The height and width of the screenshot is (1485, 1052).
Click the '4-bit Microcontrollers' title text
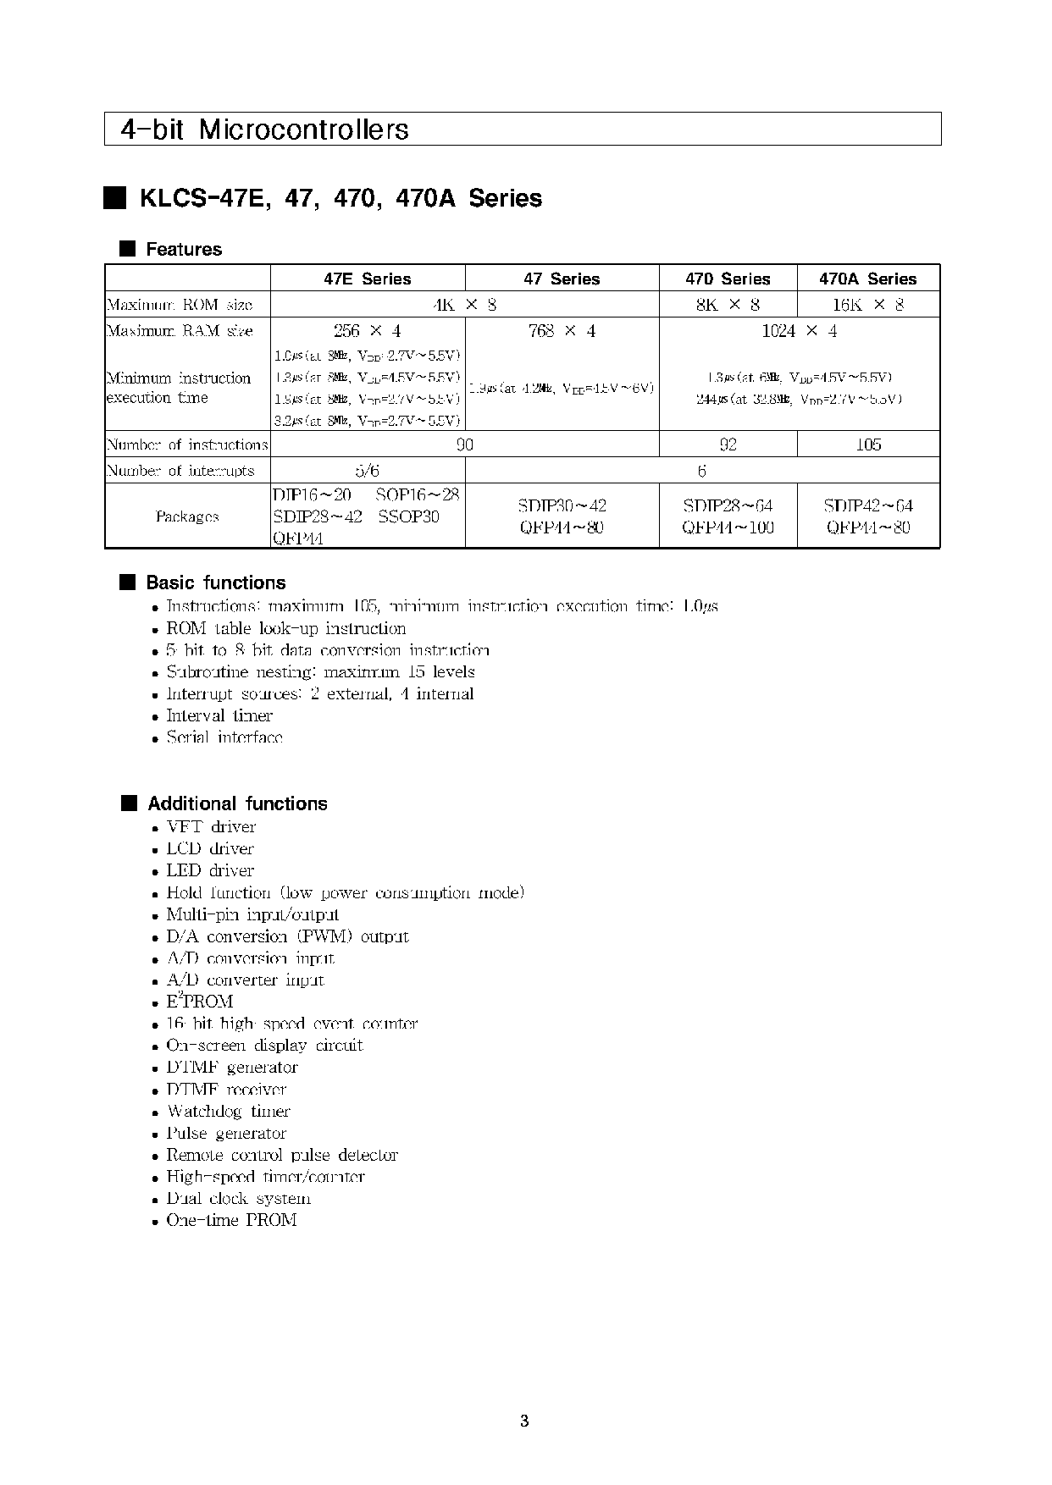point(264,130)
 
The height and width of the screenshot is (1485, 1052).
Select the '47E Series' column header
point(367,279)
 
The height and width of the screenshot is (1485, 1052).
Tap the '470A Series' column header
point(867,279)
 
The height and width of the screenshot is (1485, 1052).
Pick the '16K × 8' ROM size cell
point(868,305)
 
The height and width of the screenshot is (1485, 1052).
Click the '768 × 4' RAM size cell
point(562,331)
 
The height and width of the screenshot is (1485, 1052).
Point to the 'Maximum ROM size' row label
point(180,305)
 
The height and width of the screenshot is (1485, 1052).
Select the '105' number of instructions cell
point(868,444)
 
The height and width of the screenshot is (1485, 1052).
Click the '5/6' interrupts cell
point(367,471)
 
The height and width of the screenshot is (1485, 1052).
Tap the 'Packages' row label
point(187,516)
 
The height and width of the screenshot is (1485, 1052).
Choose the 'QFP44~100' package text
point(728,527)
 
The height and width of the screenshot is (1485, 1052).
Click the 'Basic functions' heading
point(216,582)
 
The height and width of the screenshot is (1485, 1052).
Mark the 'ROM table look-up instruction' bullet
point(285,628)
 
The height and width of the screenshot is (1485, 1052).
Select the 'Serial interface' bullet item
point(224,737)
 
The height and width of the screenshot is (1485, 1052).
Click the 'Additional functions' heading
point(237,803)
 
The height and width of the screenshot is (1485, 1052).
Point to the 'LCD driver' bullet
point(210,848)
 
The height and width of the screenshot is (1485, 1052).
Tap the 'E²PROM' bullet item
point(199,1002)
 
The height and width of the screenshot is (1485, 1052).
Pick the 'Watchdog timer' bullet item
point(228,1111)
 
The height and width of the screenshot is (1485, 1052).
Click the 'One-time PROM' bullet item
point(231,1220)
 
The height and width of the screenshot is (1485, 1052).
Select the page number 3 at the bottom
point(524,1421)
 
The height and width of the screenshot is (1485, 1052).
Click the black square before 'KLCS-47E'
point(115,198)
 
